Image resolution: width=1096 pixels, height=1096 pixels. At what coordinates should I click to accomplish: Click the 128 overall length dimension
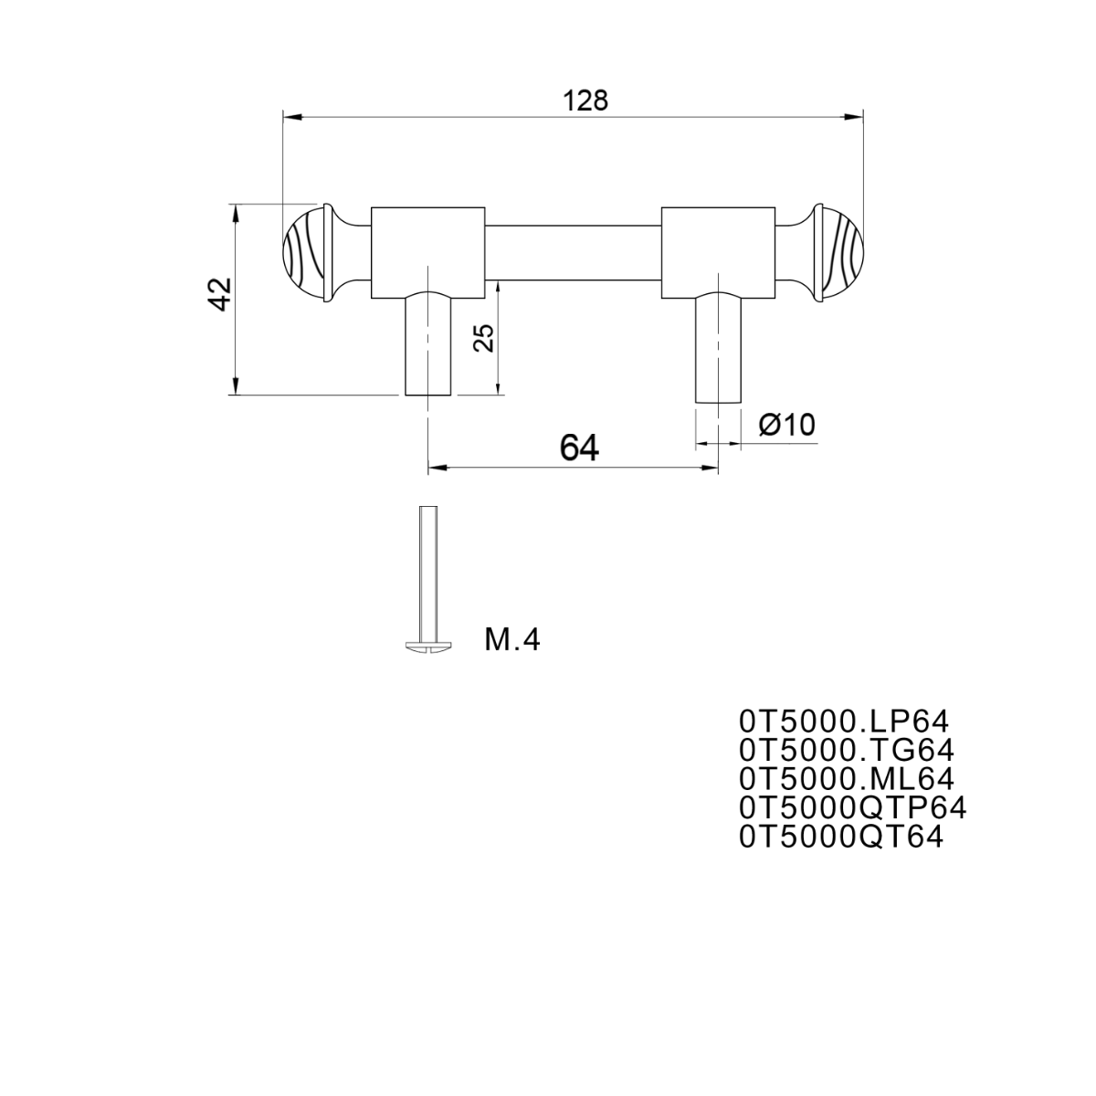click(x=585, y=101)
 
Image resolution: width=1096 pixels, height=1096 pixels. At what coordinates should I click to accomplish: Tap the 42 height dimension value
click(x=221, y=294)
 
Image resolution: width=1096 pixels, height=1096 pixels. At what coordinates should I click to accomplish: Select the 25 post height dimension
click(x=484, y=339)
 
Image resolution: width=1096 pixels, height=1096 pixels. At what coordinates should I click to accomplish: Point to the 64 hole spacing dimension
click(x=579, y=448)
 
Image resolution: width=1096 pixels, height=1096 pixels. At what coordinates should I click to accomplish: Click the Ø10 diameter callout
click(x=786, y=425)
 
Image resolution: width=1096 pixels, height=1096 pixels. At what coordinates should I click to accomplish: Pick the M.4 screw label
click(x=511, y=640)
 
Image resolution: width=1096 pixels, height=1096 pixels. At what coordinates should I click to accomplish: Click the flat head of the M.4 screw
click(x=428, y=646)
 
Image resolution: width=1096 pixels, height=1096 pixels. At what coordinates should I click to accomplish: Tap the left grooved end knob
click(x=308, y=252)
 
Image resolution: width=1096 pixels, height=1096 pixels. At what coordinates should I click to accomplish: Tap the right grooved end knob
click(x=838, y=252)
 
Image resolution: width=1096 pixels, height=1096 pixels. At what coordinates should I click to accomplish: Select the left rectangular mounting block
click(x=427, y=252)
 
